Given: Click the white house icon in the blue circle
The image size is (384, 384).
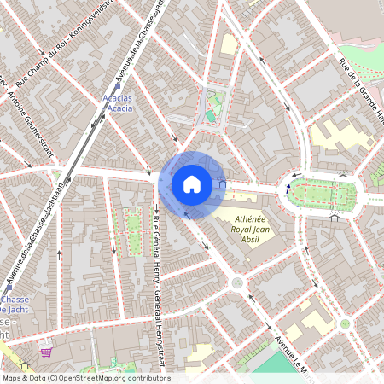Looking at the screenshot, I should click(191, 183).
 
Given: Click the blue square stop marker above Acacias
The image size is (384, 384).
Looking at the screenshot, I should click(118, 85).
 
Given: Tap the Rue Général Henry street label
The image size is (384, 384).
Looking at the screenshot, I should click(157, 273).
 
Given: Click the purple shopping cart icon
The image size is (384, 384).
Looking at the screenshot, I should click(45, 349).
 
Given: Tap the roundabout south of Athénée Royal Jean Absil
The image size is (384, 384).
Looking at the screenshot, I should click(237, 282).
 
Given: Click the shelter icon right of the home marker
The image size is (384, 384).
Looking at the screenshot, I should click(223, 182).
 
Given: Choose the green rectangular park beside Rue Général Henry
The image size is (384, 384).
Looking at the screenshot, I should click(131, 230).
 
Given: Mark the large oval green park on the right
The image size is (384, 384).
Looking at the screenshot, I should click(321, 195).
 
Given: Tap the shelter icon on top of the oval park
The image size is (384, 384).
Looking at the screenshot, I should click(343, 177).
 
